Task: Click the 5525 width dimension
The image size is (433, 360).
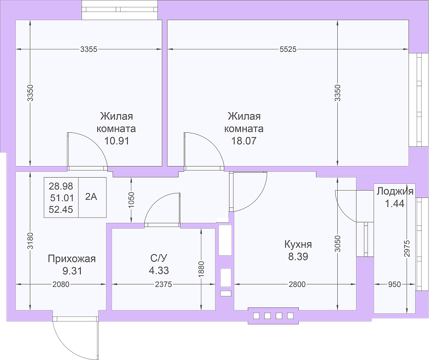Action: [x=288, y=50]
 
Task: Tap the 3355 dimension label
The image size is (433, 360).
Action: [x=89, y=50]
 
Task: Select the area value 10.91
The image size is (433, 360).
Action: [x=116, y=141]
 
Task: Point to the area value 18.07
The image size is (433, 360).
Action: [x=244, y=141]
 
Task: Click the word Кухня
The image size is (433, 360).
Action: [x=298, y=244]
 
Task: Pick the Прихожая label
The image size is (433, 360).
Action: [x=72, y=259]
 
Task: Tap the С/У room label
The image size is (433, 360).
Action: [x=159, y=258]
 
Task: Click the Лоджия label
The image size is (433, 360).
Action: [x=395, y=191]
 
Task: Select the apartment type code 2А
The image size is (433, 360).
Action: [x=91, y=197]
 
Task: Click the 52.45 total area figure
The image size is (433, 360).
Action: [x=61, y=209]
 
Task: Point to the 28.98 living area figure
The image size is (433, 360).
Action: [x=61, y=186]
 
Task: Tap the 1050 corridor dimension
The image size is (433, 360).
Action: [x=131, y=200]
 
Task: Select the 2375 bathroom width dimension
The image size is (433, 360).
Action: [x=164, y=284]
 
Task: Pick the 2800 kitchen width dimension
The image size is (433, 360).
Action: [x=297, y=284]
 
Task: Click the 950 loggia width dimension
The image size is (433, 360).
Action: [x=395, y=284]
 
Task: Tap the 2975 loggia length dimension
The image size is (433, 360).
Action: [x=407, y=249]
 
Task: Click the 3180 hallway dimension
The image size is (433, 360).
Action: [x=30, y=241]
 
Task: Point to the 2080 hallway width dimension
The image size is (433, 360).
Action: [x=61, y=284]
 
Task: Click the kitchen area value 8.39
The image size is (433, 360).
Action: [x=298, y=257]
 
